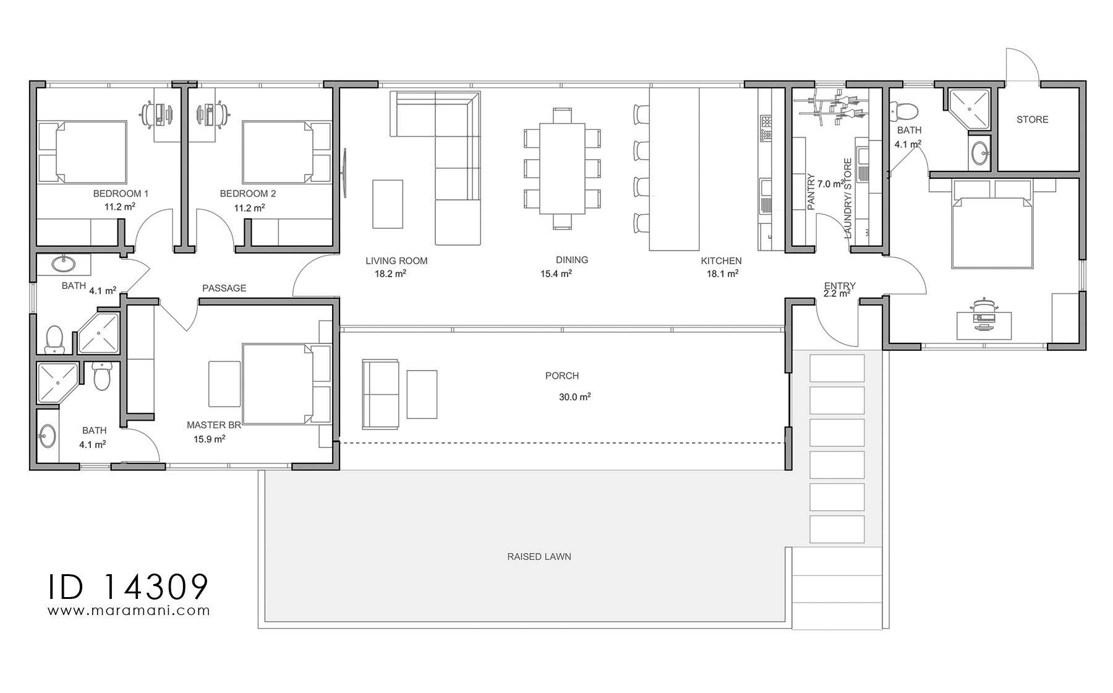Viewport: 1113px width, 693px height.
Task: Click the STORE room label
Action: pos(1032,119)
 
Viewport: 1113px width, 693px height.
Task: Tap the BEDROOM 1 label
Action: pos(121,194)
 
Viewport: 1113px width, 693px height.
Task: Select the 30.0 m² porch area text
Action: pos(574,397)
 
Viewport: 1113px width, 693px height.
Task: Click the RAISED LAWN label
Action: pos(539,556)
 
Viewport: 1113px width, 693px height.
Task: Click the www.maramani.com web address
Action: pos(129,611)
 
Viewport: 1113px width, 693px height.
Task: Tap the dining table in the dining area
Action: pos(562,168)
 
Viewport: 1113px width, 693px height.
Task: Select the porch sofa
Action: pos(380,394)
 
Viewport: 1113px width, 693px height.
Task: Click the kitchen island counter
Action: pos(674,169)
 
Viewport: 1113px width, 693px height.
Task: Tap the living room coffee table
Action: pos(388,204)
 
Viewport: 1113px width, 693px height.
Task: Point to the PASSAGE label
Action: pos(224,288)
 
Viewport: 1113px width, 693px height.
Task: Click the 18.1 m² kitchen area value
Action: pos(722,273)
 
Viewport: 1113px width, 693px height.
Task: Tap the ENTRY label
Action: pos(840,285)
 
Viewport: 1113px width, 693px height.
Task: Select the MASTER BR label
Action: pos(213,425)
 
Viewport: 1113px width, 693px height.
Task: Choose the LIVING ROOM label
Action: pos(396,261)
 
